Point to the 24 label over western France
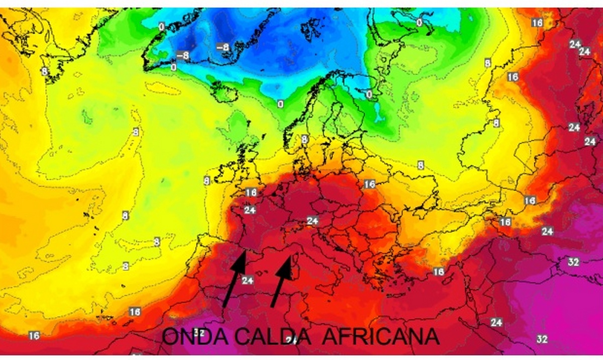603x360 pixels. (x=250, y=209)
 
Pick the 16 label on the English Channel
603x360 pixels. (x=251, y=192)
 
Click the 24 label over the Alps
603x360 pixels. (x=313, y=220)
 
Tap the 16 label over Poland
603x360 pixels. (x=369, y=184)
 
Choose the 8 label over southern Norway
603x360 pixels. (x=304, y=139)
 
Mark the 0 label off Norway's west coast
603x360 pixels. (x=280, y=104)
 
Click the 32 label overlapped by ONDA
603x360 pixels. (x=198, y=332)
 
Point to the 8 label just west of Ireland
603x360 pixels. (x=206, y=180)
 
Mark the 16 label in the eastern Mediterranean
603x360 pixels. (x=438, y=272)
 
